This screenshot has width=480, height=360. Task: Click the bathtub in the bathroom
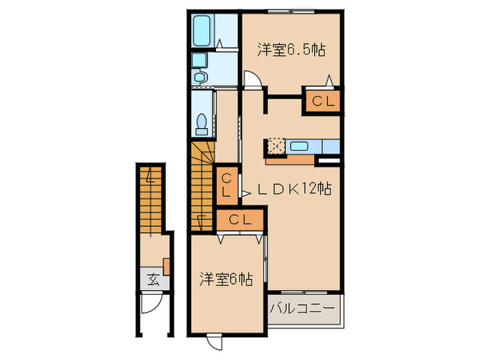[x=204, y=31]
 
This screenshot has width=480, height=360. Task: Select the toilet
[x=202, y=123]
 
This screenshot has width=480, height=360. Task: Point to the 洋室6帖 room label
[x=226, y=279]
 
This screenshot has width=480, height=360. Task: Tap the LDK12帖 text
[x=294, y=188]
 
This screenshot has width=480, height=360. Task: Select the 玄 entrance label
[x=153, y=279]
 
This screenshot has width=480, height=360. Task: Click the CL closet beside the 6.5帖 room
[x=322, y=101]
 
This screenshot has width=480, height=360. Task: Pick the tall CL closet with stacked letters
[x=226, y=184]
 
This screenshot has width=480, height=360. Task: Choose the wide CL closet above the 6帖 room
[x=239, y=220]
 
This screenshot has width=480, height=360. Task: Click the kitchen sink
[x=298, y=145]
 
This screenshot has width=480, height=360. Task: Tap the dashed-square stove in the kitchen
[x=276, y=146]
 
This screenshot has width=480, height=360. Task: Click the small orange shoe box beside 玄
[x=167, y=265]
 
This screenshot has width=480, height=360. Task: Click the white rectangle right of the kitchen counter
[x=329, y=160]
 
